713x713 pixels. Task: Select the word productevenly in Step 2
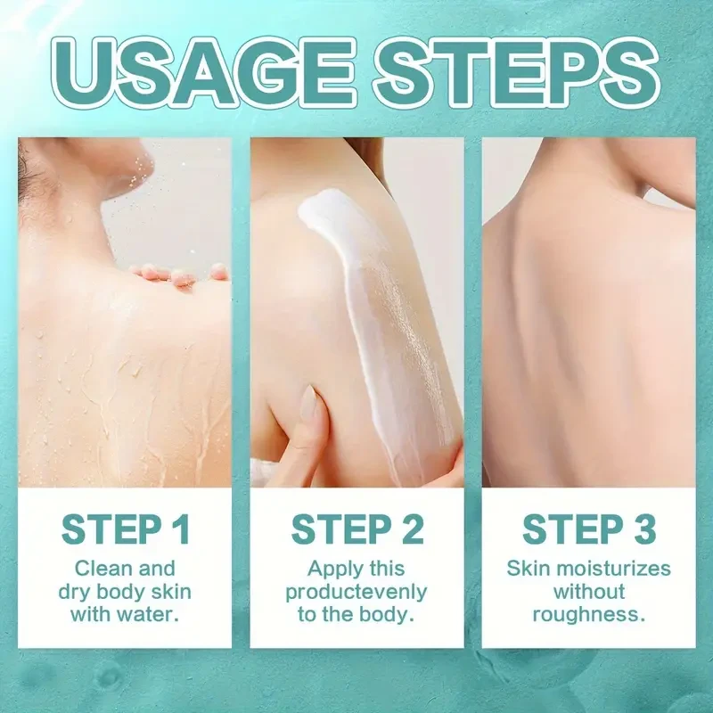(356, 592)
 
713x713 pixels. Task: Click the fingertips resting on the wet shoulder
(178, 275)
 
